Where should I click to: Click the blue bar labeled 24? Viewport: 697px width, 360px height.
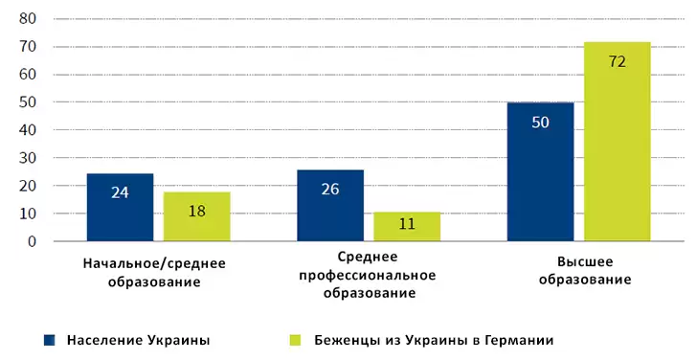click(x=120, y=208)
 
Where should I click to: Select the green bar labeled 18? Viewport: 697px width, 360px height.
click(x=196, y=216)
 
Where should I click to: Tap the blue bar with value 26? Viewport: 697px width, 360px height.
click(x=330, y=205)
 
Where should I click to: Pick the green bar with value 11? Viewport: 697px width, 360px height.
click(x=407, y=226)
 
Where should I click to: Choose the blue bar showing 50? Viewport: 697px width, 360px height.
click(x=540, y=172)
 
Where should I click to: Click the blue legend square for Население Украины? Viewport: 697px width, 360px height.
click(x=48, y=340)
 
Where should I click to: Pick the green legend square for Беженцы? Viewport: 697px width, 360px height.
click(x=295, y=340)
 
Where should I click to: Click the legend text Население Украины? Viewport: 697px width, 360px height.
click(x=138, y=340)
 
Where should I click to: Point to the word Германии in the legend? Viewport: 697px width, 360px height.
click(x=518, y=340)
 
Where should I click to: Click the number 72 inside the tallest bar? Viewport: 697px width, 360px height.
click(x=618, y=61)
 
